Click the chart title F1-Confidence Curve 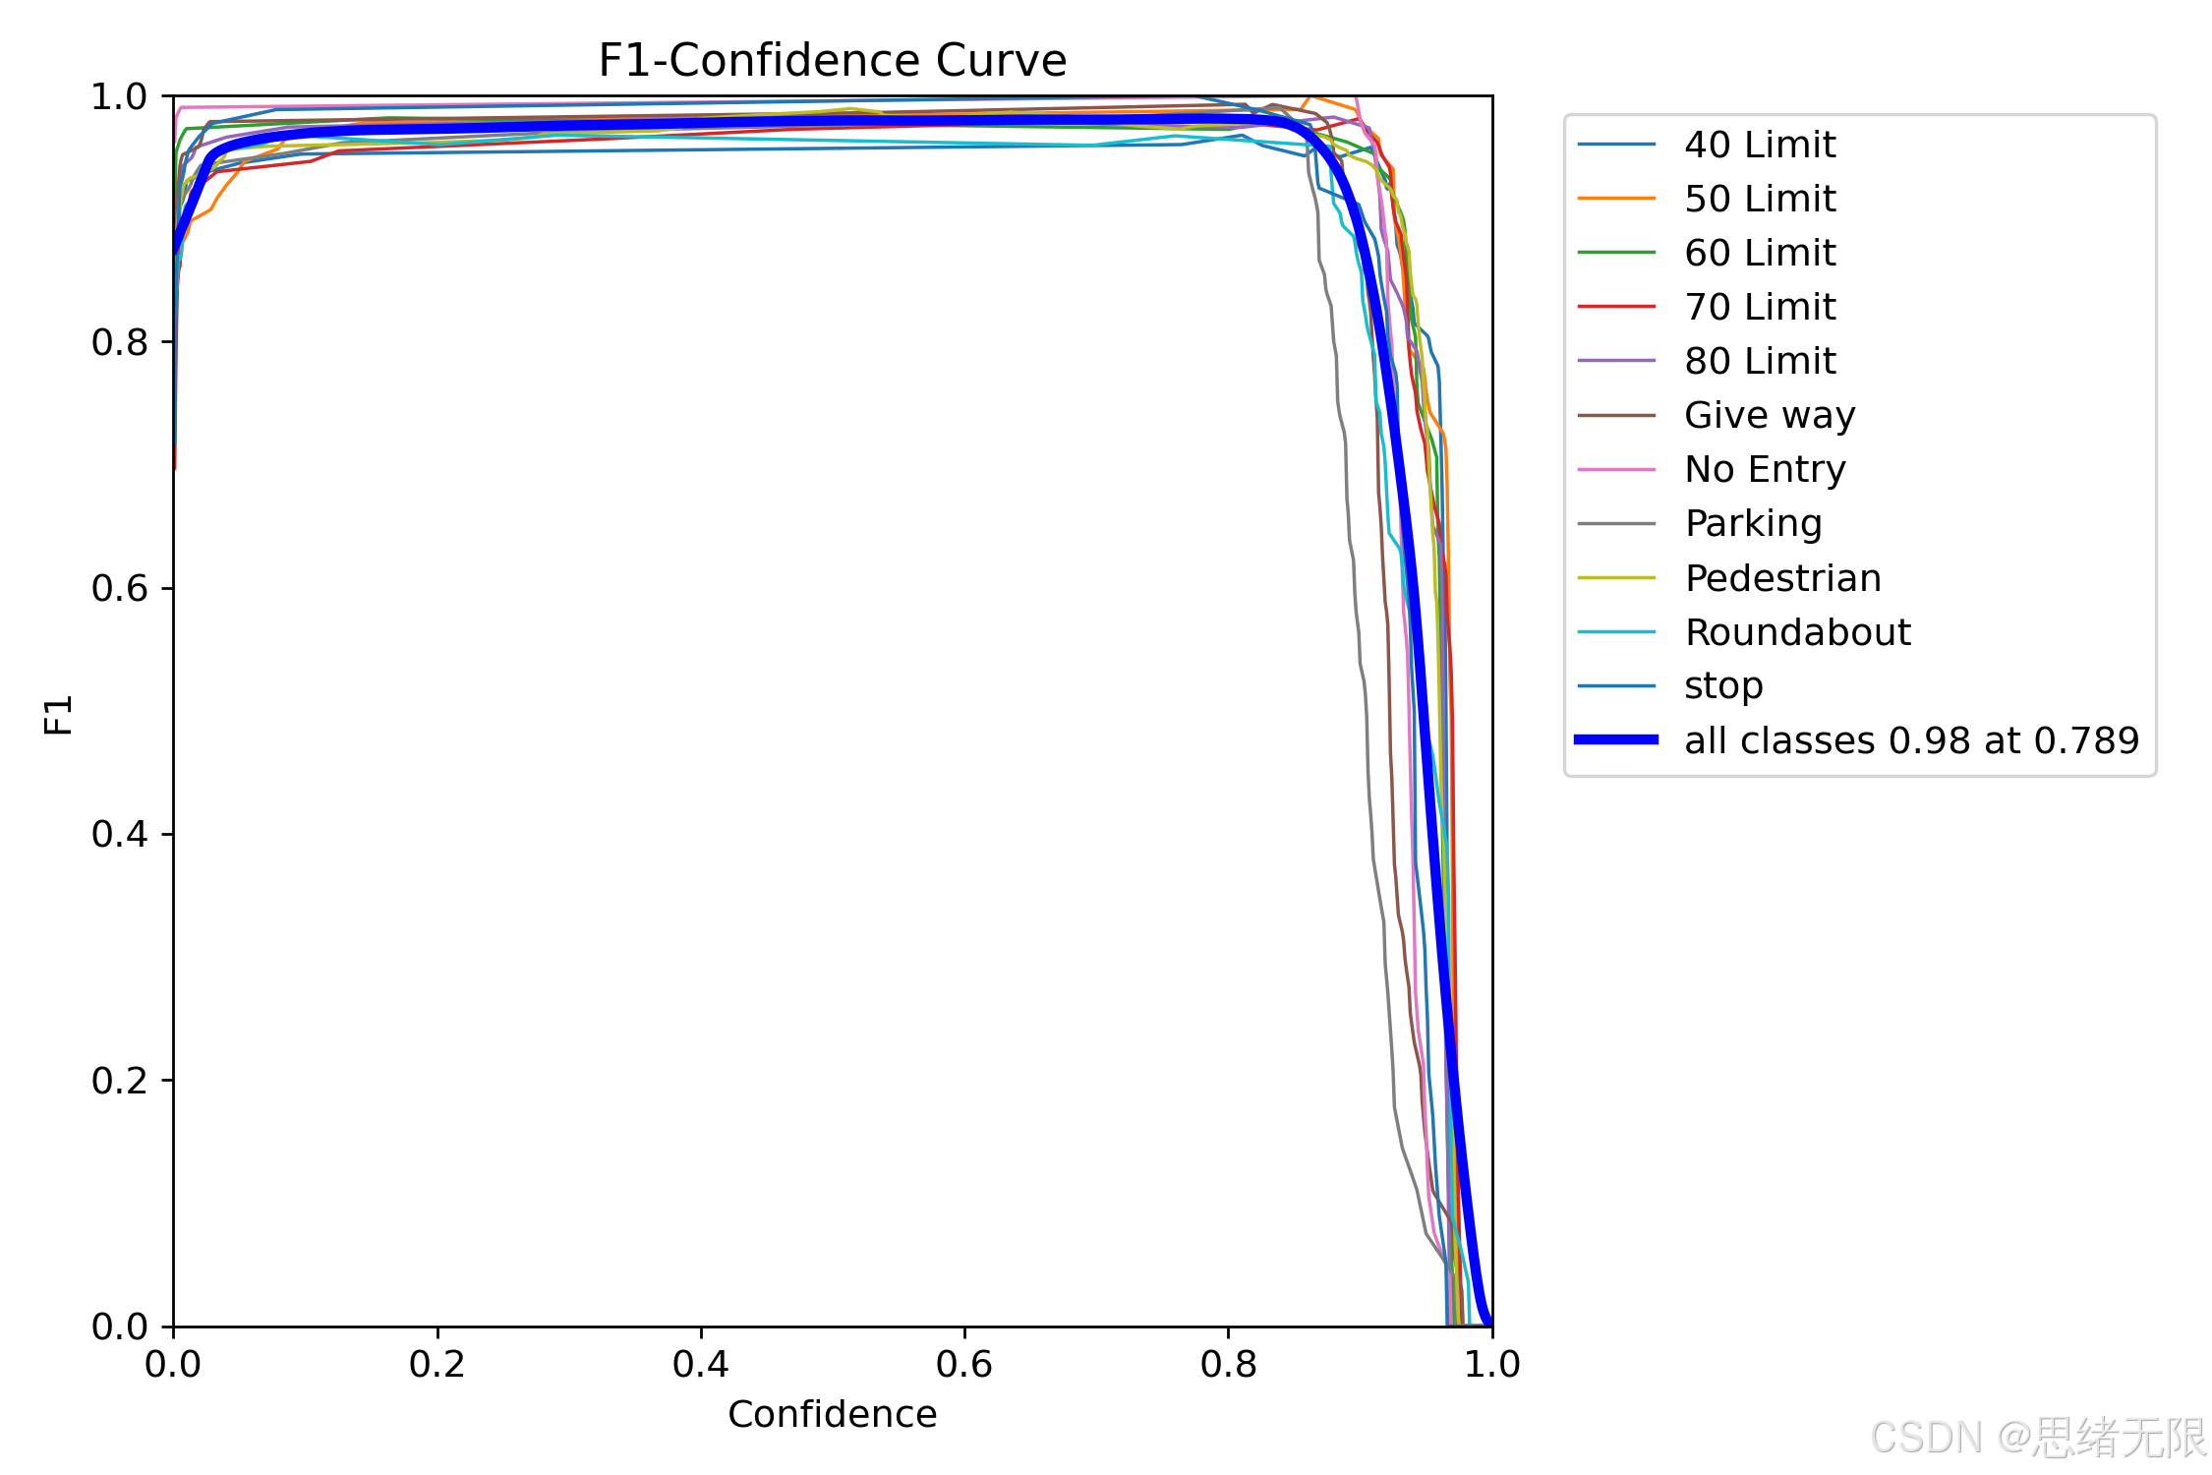pos(832,61)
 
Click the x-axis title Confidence pos(832,1414)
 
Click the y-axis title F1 pos(59,714)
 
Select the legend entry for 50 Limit pos(1760,199)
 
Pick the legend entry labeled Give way pos(1770,415)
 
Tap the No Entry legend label pos(1765,469)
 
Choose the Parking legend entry pos(1753,523)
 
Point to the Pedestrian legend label pos(1782,578)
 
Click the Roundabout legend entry pos(1797,632)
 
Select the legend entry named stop pos(1723,685)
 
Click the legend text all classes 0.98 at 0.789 pos(1911,740)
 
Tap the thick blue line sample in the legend pos(1616,739)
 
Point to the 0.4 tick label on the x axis pos(700,1364)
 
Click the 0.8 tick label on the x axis pos(1228,1364)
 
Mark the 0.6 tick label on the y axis pos(119,588)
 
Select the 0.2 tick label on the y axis pos(119,1081)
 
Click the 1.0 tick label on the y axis pos(119,96)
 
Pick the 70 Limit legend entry pos(1760,307)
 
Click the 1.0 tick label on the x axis pos(1491,1364)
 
